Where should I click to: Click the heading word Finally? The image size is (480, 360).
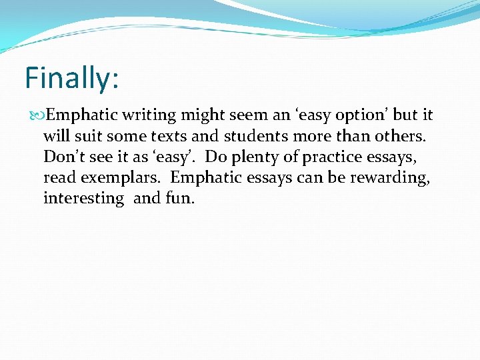[70, 79]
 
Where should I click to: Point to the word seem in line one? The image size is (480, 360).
[248, 115]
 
